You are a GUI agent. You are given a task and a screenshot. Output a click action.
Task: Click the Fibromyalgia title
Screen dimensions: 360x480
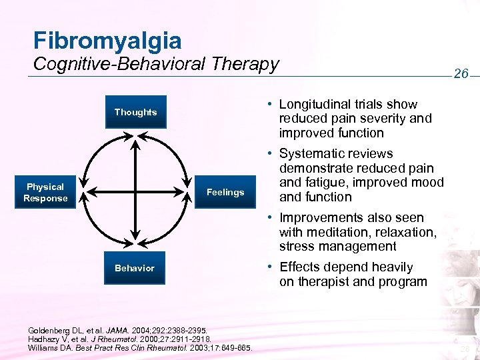[x=107, y=40]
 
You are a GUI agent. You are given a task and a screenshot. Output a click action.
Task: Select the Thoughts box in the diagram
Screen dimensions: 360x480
[x=135, y=112]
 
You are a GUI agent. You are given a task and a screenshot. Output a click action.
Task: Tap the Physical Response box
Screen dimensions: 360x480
[x=45, y=193]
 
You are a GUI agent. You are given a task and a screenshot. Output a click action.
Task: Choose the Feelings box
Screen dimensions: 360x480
[x=225, y=193]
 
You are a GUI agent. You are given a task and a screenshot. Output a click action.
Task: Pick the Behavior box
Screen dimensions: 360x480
[x=135, y=268]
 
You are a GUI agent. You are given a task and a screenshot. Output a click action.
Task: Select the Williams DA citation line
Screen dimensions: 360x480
[x=140, y=347]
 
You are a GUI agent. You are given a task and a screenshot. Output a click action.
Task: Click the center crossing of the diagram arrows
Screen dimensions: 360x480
[x=135, y=192]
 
